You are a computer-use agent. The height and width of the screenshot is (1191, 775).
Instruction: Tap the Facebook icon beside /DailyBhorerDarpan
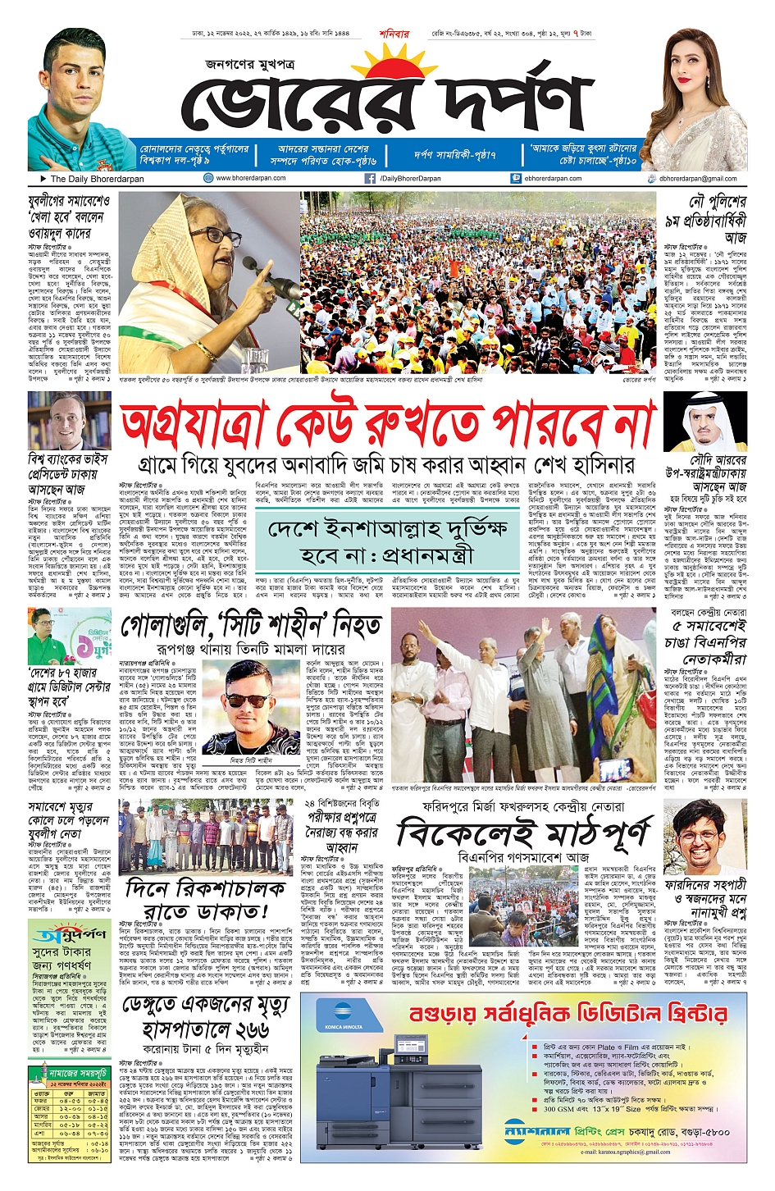tap(371, 178)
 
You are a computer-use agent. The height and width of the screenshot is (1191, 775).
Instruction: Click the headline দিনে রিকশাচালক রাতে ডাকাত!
tap(206, 900)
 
